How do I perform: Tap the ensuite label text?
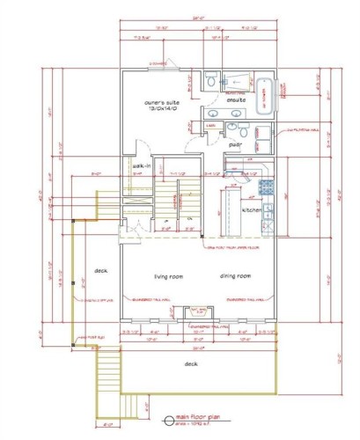(x=235, y=100)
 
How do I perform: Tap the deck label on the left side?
(x=100, y=270)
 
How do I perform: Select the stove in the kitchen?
(x=267, y=209)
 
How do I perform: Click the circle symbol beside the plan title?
(x=169, y=420)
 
